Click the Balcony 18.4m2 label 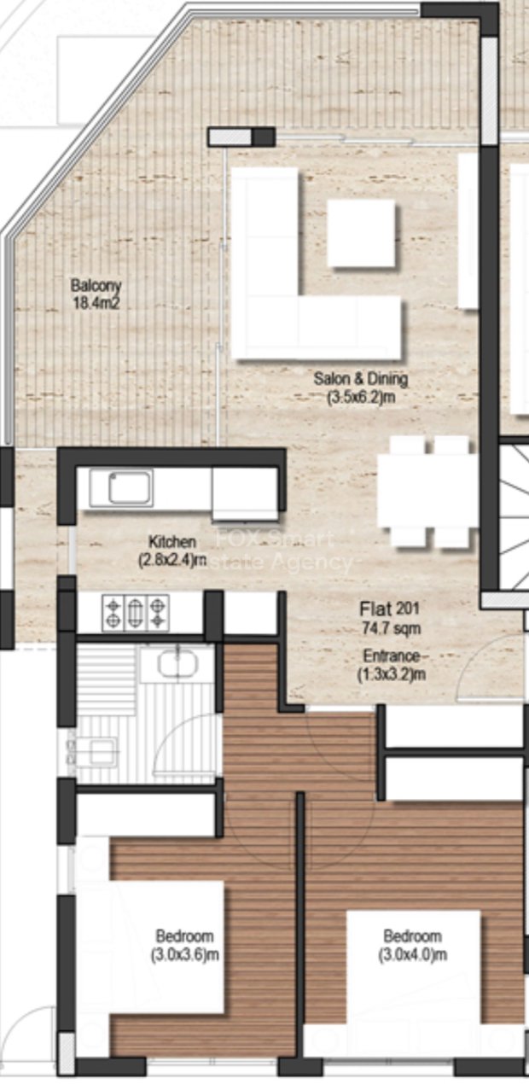pyautogui.click(x=96, y=294)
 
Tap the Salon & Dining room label pyautogui.click(x=360, y=387)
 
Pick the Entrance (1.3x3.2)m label pyautogui.click(x=392, y=665)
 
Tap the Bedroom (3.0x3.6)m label pyautogui.click(x=184, y=944)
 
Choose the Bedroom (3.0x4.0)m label pyautogui.click(x=412, y=944)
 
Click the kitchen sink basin pyautogui.click(x=130, y=488)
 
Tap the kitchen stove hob pyautogui.click(x=136, y=613)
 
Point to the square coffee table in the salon pyautogui.click(x=361, y=232)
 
